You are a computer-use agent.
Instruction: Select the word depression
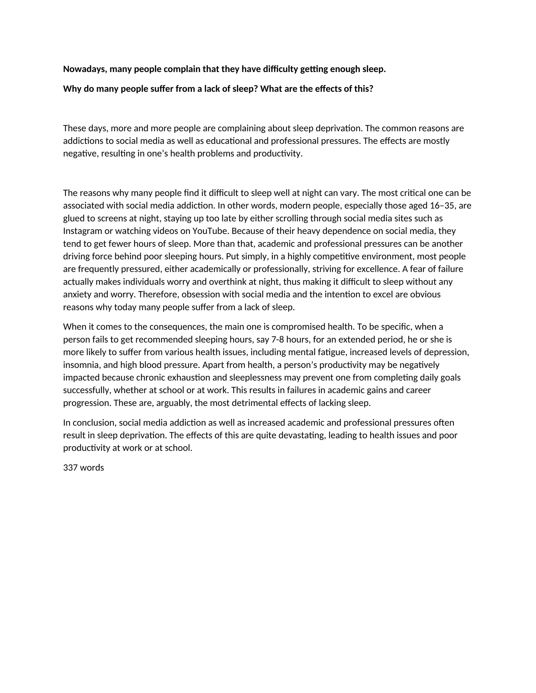449,352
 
